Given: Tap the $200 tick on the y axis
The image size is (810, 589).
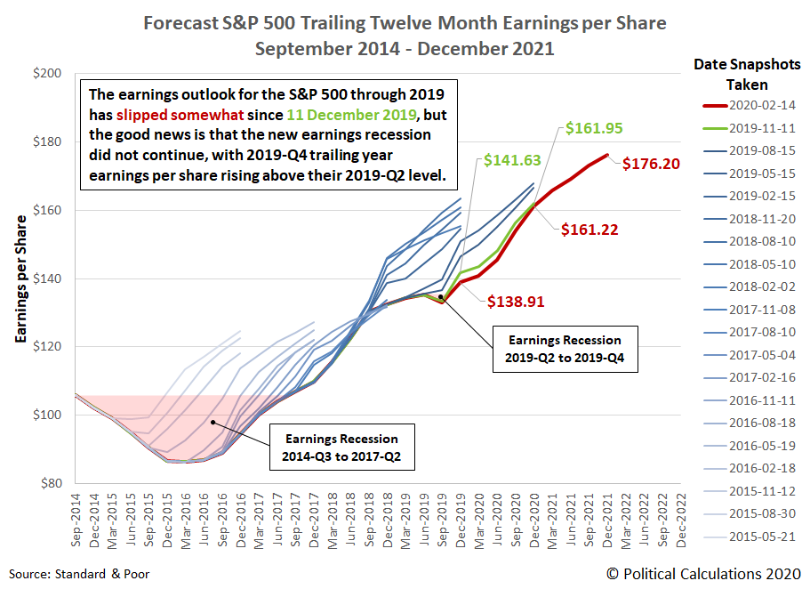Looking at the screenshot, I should (x=46, y=74).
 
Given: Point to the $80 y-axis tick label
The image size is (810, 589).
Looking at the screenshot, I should (x=50, y=483).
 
